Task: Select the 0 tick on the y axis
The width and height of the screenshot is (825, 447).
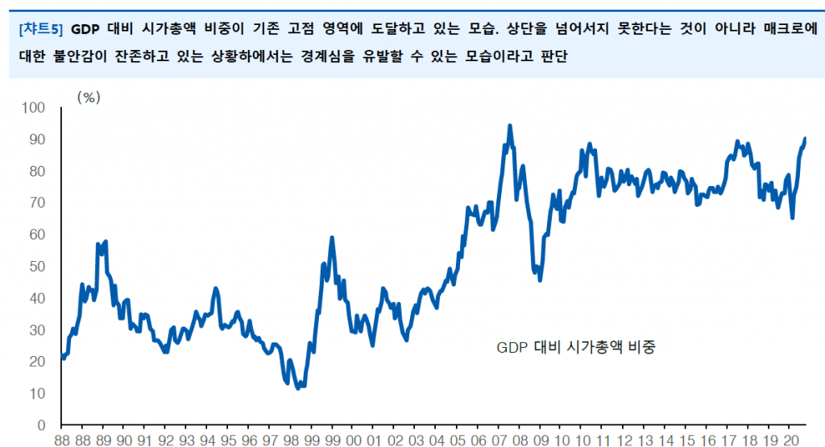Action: [x=41, y=425]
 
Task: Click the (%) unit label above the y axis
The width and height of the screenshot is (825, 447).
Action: [x=88, y=97]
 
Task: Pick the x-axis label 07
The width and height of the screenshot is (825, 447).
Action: [x=500, y=441]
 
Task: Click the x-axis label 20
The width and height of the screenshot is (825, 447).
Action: [x=791, y=441]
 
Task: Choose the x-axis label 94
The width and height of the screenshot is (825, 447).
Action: [x=208, y=441]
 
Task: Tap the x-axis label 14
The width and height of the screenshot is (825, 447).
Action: [x=666, y=441]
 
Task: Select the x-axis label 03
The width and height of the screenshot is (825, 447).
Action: [x=417, y=441]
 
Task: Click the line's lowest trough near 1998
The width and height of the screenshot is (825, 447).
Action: [x=298, y=388]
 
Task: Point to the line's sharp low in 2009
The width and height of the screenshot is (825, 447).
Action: [x=540, y=279]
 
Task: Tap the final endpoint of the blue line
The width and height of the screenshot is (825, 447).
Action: [x=805, y=139]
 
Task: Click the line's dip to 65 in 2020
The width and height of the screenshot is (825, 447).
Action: [x=793, y=217]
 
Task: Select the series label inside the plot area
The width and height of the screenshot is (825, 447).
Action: [x=576, y=347]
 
